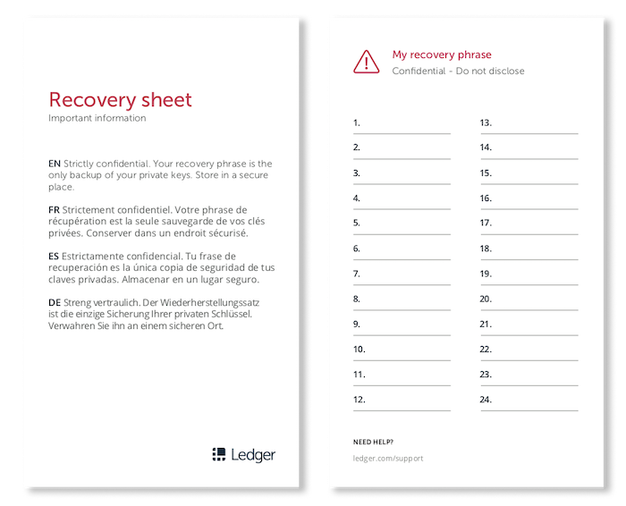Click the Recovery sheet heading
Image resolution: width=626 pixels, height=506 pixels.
pyautogui.click(x=120, y=99)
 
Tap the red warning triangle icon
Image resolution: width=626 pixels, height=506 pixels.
pyautogui.click(x=367, y=61)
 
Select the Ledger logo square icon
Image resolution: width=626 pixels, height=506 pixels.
pyautogui.click(x=218, y=454)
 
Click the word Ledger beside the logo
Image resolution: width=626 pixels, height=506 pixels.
pyautogui.click(x=253, y=454)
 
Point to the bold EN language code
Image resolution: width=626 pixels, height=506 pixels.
pyautogui.click(x=55, y=164)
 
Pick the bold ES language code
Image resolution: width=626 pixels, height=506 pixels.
pyautogui.click(x=55, y=257)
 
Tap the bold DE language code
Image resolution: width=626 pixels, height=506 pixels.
pyautogui.click(x=55, y=303)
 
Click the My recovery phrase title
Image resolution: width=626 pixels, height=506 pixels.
pyautogui.click(x=442, y=55)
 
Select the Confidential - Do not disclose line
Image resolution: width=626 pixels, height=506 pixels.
pyautogui.click(x=458, y=71)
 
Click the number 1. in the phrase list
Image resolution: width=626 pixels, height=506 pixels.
pyautogui.click(x=357, y=122)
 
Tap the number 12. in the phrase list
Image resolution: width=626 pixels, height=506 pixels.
pyautogui.click(x=360, y=400)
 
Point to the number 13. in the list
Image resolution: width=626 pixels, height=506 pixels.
pyautogui.click(x=486, y=122)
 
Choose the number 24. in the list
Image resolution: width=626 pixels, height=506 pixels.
pyautogui.click(x=486, y=400)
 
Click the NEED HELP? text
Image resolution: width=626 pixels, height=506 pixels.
pyautogui.click(x=373, y=442)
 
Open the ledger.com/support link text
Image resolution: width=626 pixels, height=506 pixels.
pyautogui.click(x=388, y=459)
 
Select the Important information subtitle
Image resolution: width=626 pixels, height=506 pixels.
pyautogui.click(x=97, y=118)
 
